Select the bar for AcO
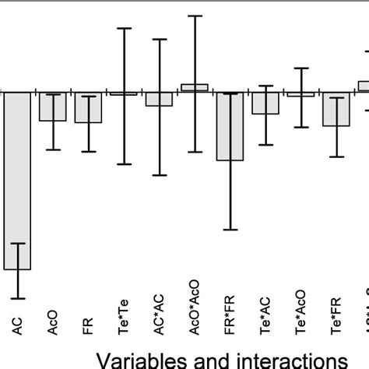52,107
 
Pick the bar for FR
88,107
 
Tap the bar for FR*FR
230,126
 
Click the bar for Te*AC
265,103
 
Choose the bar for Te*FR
336,109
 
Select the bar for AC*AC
159,99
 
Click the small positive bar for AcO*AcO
195,87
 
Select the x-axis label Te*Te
123,319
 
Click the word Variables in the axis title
139,359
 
